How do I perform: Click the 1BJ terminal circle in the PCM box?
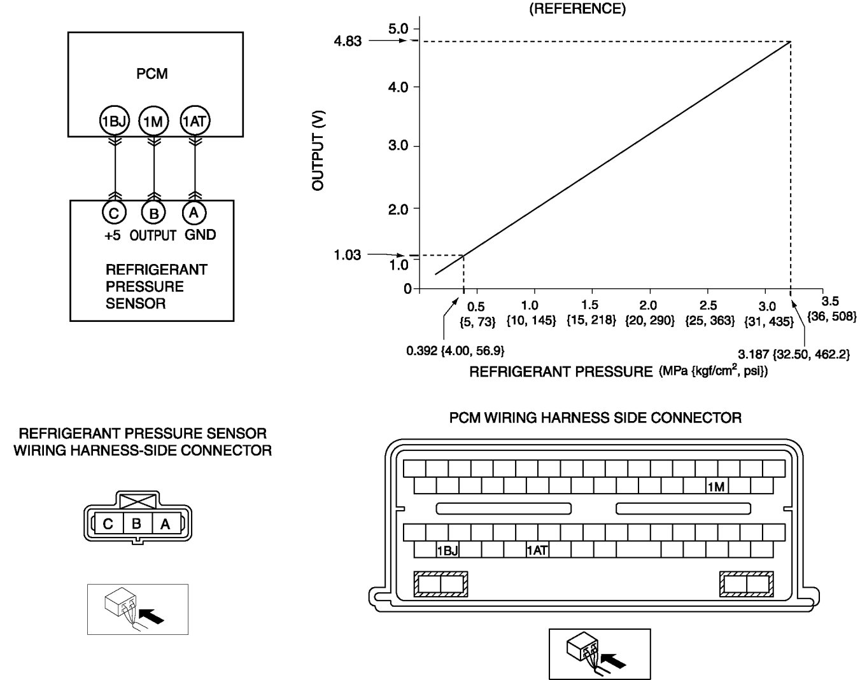[115, 121]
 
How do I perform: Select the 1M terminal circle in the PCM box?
[153, 121]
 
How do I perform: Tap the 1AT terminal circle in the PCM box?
[195, 120]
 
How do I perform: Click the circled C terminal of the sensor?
[114, 213]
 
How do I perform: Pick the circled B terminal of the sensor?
[153, 213]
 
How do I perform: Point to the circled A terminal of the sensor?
[194, 212]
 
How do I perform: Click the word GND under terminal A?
[200, 235]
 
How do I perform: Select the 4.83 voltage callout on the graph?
[347, 41]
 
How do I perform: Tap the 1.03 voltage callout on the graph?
[347, 255]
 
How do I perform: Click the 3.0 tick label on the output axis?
[398, 146]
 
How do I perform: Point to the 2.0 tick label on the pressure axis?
[649, 306]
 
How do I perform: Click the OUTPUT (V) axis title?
[318, 150]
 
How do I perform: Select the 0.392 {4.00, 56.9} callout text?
[455, 350]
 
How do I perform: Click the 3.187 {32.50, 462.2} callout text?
[793, 354]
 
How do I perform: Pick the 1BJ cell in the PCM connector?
[448, 550]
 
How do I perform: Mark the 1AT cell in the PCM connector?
[537, 550]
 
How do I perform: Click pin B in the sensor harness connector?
[136, 524]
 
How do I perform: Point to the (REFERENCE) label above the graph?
[577, 9]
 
